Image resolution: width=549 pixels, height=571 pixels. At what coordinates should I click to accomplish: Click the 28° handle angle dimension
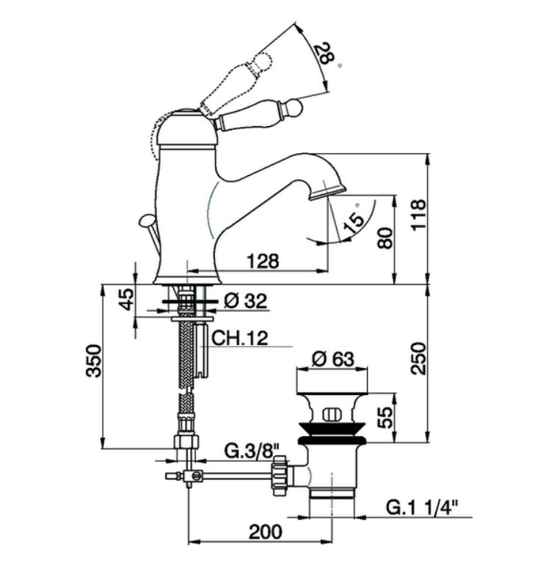point(324,55)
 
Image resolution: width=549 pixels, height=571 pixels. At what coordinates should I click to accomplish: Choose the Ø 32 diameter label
point(246,301)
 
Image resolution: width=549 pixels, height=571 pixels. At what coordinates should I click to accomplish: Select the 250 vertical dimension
point(418,357)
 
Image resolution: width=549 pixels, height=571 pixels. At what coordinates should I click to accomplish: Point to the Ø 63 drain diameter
point(333,360)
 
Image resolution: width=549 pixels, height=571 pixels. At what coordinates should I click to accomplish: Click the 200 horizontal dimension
point(261,533)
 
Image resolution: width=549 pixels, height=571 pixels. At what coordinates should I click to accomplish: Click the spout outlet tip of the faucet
point(326,192)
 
